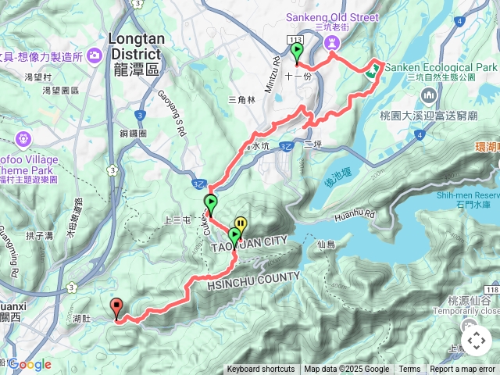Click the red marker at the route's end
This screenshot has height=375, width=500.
pyautogui.click(x=117, y=307)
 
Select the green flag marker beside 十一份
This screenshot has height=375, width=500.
pyautogui.click(x=297, y=52)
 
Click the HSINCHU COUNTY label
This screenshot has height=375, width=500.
pyautogui.click(x=254, y=281)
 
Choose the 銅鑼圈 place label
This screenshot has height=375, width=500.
pyautogui.click(x=134, y=134)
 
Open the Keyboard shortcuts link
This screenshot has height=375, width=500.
pyautogui.click(x=261, y=370)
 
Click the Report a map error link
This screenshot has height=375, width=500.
pyautogui.click(x=463, y=370)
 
